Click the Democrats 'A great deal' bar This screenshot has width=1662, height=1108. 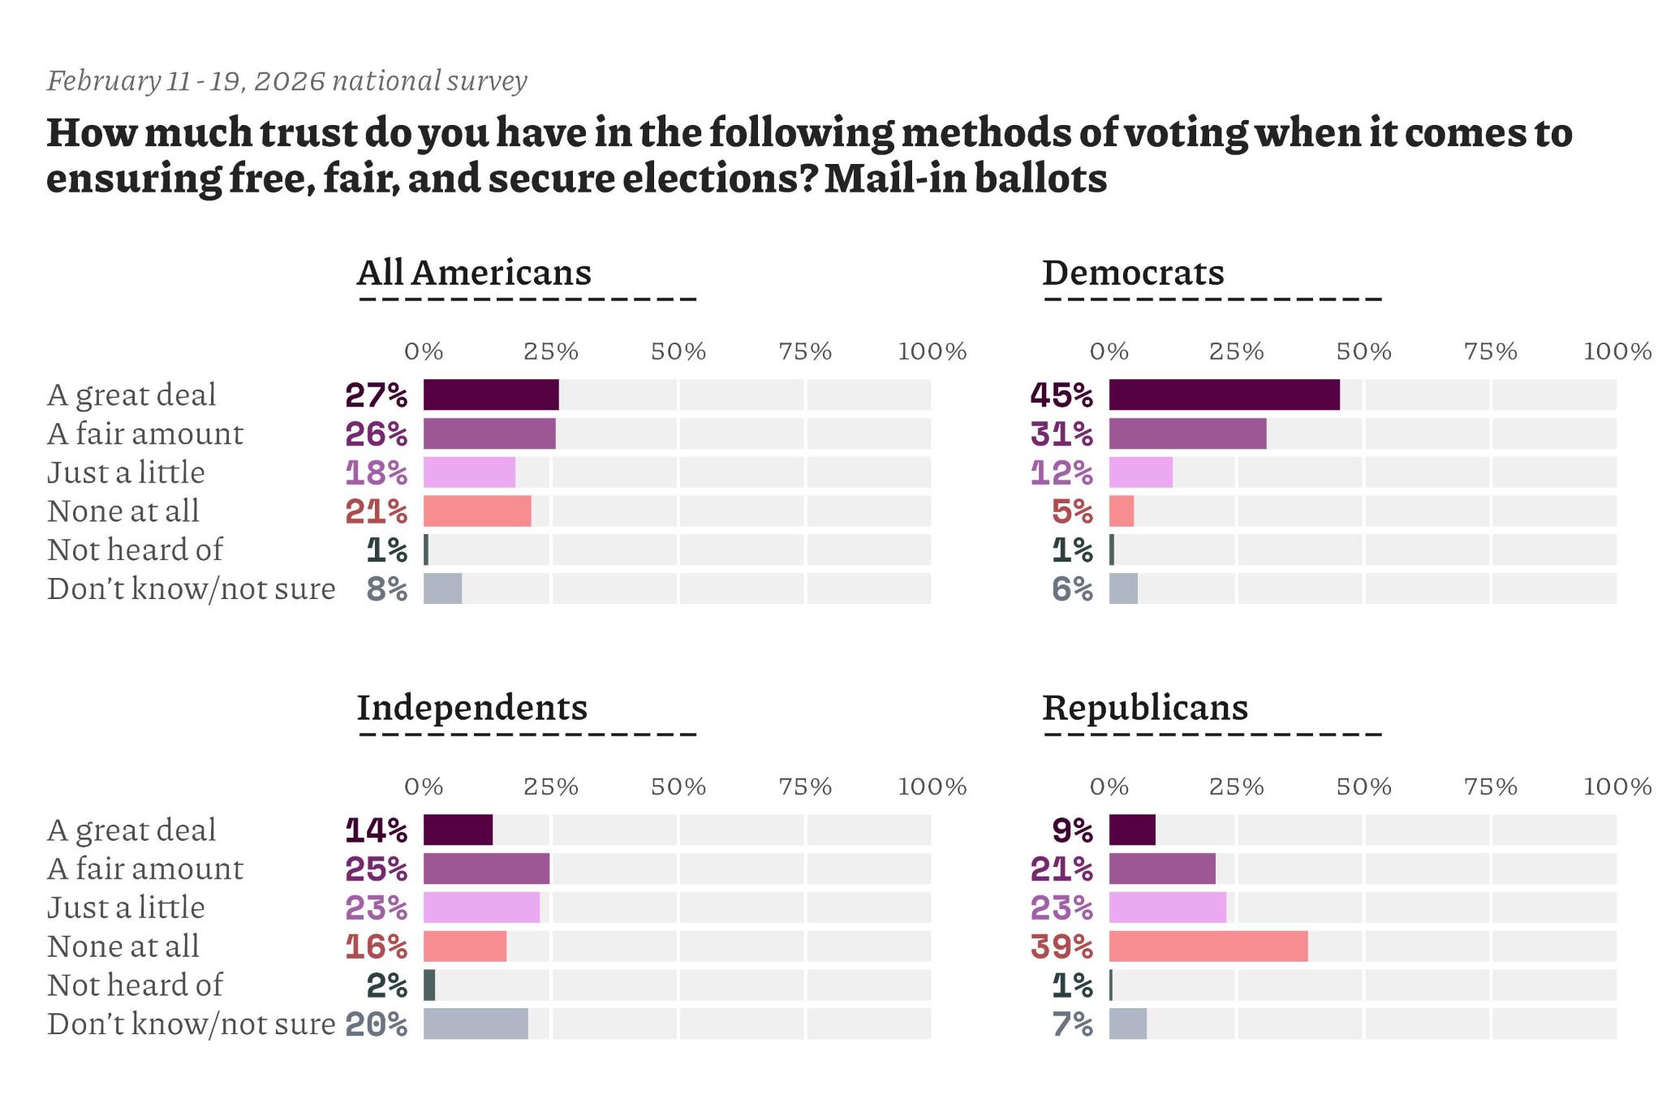coord(1224,394)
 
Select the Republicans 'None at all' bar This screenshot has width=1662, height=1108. coord(1208,946)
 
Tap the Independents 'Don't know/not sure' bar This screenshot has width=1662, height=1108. coord(476,1024)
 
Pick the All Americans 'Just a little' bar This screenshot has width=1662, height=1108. coord(469,472)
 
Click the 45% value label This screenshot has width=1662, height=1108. coord(1061,395)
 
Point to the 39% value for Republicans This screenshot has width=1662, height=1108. coord(1061,946)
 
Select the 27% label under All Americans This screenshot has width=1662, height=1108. coord(376,395)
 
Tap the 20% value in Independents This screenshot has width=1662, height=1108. coord(376,1024)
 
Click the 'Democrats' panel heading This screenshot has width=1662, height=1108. coord(1133,273)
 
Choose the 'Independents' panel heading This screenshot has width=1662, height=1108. coord(472,708)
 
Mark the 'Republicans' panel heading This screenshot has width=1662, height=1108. coord(1145,708)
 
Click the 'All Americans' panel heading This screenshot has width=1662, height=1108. coord(474,273)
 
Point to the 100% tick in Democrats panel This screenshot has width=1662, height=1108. coord(1617,351)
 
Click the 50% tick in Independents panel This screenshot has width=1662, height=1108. coord(678,787)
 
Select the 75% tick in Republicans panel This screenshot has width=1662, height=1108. coord(1490,787)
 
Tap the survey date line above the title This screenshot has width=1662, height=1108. coord(287,81)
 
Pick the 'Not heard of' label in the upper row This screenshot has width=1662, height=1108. coord(135,550)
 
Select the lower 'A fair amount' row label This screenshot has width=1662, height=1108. coord(145,869)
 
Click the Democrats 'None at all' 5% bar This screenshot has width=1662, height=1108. coord(1122,511)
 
